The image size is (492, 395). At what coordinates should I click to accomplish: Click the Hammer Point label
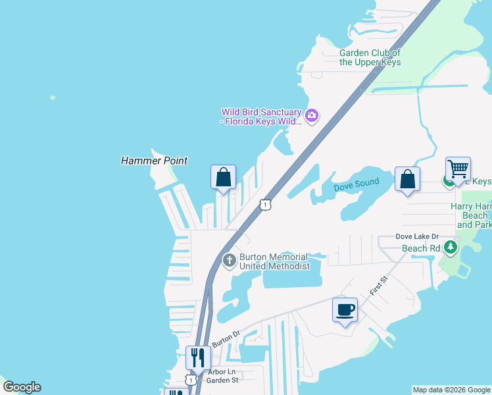point(154,161)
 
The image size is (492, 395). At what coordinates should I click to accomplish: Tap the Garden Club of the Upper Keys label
point(370,58)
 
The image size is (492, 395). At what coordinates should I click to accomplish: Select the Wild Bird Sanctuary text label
point(261,117)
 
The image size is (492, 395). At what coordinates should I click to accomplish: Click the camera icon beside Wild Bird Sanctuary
point(312,117)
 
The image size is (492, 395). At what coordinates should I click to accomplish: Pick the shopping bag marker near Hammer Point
point(223,177)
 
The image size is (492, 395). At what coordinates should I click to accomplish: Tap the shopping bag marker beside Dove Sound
point(407,179)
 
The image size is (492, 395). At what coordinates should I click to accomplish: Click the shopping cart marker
point(458,169)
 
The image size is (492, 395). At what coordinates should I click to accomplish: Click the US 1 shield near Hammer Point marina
point(264,205)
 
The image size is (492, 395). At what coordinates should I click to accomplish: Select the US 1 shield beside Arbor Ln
point(190,380)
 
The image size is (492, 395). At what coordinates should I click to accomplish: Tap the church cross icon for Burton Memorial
point(229,261)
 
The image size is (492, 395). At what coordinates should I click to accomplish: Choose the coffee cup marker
point(345,309)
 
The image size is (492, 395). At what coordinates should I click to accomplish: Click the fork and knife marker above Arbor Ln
point(198,357)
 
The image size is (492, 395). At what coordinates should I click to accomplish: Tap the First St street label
point(380,286)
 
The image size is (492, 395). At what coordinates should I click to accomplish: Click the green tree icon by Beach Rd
point(451,248)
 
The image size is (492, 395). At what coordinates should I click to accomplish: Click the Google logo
point(22,387)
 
